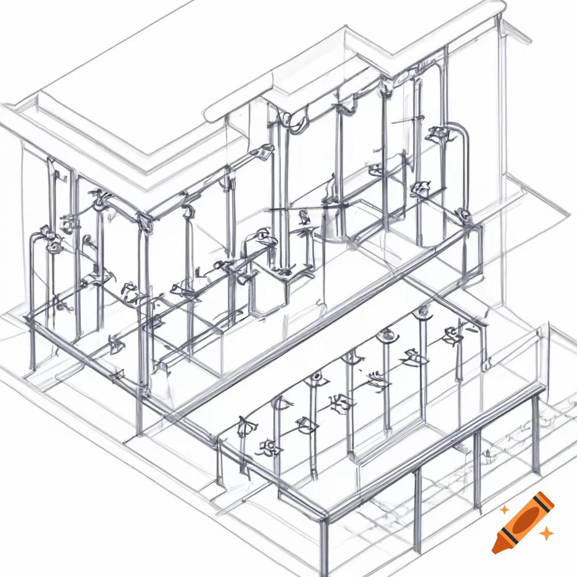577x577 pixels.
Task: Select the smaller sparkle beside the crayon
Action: (x=505, y=509)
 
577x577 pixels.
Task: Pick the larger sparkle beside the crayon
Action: (x=545, y=533)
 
